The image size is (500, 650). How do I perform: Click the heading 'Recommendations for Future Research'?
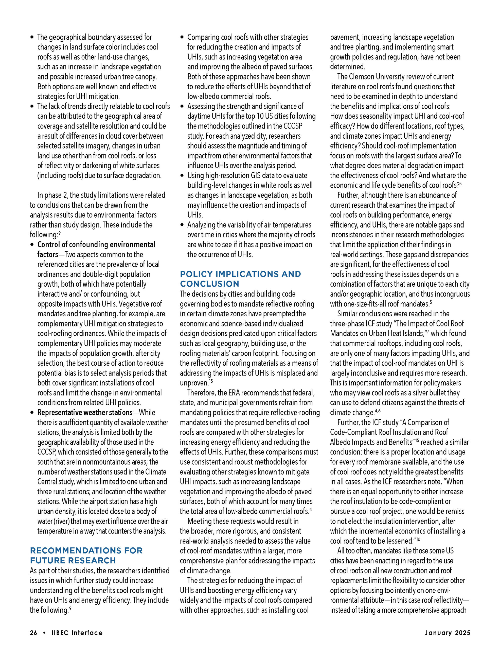[x=86, y=555]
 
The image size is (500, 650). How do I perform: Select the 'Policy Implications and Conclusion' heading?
[x=240, y=279]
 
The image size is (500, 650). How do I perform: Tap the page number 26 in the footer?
[x=33, y=633]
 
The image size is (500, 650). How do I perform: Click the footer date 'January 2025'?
[x=447, y=633]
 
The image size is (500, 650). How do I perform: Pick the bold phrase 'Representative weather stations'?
[x=85, y=413]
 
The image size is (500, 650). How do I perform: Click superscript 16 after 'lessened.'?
[x=418, y=539]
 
